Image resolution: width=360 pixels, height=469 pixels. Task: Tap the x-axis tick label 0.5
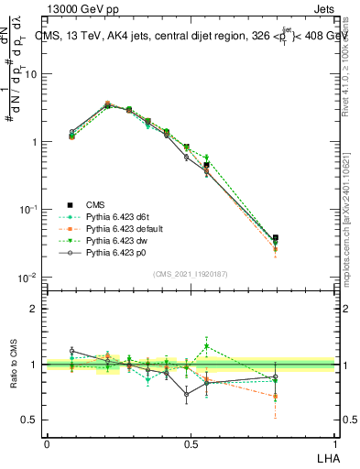pyautogui.click(x=190, y=442)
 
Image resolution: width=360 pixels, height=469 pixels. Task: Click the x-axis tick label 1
pyautogui.click(x=333, y=442)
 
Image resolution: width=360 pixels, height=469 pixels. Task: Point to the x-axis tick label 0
pyautogui.click(x=47, y=442)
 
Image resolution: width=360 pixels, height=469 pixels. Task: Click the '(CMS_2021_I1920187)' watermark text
pyautogui.click(x=190, y=274)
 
